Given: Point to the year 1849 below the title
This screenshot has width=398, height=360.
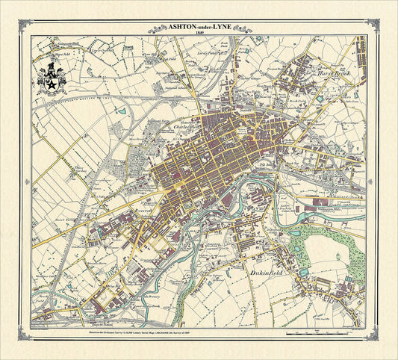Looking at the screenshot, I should click(x=199, y=34).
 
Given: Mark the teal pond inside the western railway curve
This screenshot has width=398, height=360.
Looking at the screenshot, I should click(x=119, y=111).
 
